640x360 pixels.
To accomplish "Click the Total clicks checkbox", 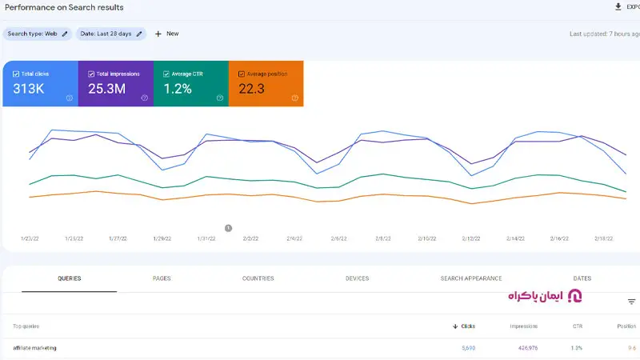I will point(16,74).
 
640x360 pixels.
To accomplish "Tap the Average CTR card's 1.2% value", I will point(178,89).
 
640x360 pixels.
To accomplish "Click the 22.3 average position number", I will point(251,89).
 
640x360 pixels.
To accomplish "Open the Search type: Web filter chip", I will point(38,34).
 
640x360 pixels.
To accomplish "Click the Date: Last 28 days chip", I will point(111,34).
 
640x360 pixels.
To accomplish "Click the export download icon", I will point(618,7).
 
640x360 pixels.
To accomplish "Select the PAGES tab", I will point(162,278).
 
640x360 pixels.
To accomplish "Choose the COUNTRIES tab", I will point(258,278).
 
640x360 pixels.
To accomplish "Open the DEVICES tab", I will point(357,278).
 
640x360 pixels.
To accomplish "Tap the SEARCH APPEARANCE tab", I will point(471,278).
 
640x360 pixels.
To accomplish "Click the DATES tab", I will point(582,278).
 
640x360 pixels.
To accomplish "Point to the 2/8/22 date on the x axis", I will point(382,238).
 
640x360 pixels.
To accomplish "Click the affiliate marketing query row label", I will point(35,348).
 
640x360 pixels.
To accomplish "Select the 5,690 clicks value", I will point(468,348).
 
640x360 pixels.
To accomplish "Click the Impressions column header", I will point(523,326).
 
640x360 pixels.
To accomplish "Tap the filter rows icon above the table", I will point(631,302).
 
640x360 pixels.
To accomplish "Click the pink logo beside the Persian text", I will point(574,297).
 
